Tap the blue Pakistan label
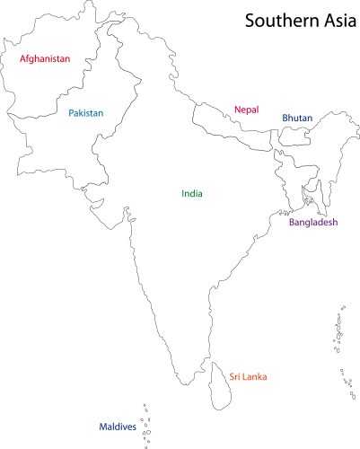(x=86, y=114)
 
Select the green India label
(x=192, y=193)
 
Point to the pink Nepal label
(x=246, y=110)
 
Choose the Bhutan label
(x=297, y=118)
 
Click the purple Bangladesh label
(x=312, y=222)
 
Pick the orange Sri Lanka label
(x=249, y=377)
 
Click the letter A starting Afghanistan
(x=23, y=59)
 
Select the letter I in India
(x=182, y=193)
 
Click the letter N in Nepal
(x=238, y=110)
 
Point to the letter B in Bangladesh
(x=291, y=222)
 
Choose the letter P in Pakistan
(x=71, y=114)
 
